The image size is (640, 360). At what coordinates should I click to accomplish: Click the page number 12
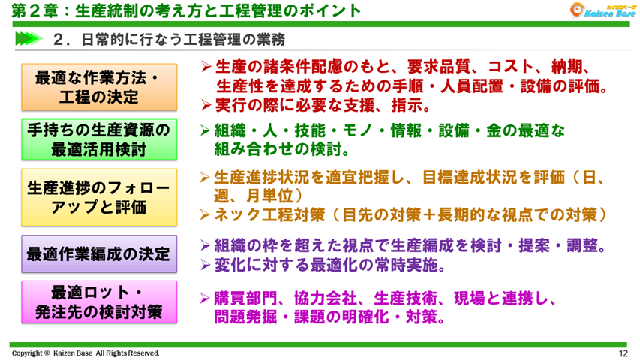coord(623,353)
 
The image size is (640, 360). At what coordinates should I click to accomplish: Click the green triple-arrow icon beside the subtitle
coord(28,38)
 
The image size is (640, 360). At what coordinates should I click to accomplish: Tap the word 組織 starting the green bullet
coord(230,130)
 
